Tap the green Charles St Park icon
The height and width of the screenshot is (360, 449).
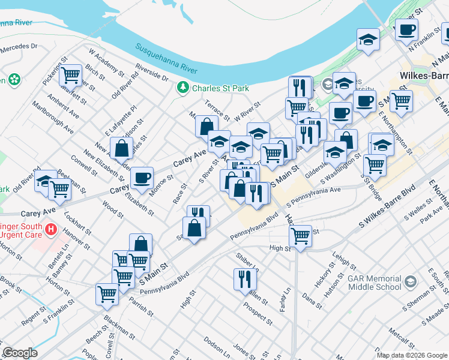point(183,88)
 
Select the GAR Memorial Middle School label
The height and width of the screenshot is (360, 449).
point(376,283)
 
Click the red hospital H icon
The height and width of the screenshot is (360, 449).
point(51,229)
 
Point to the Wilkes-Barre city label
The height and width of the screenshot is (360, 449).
point(423,77)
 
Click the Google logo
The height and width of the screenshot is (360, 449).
point(20,353)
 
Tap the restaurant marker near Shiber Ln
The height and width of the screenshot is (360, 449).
point(245,279)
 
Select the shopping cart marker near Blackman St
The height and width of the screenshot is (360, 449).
point(107,294)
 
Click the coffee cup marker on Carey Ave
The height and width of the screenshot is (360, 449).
point(142,178)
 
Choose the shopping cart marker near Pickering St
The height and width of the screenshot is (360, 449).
point(71,75)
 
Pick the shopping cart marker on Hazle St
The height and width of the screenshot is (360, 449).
point(300,236)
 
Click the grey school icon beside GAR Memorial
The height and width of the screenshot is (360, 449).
point(410,282)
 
